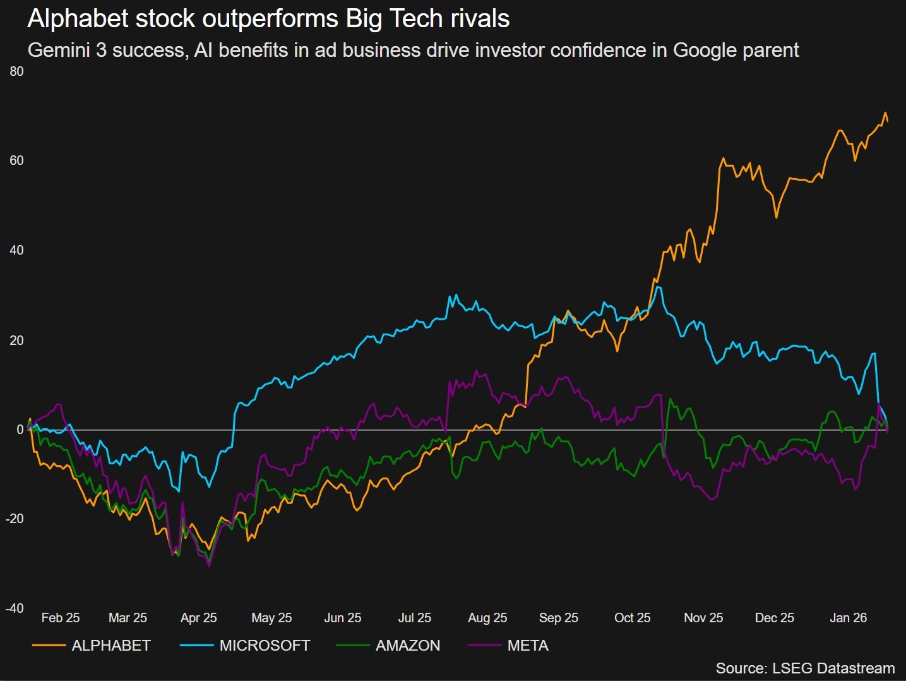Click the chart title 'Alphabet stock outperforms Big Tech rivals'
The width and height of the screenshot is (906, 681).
click(x=268, y=19)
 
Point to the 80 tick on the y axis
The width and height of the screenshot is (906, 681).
click(x=17, y=71)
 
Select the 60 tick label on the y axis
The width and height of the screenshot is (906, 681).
click(x=17, y=160)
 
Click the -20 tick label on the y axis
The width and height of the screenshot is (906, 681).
click(x=15, y=519)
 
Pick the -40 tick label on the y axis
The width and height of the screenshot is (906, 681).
click(x=15, y=608)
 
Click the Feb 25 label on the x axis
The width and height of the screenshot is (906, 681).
click(x=61, y=618)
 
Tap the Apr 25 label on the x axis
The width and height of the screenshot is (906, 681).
click(x=198, y=618)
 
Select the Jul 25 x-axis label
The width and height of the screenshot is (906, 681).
click(x=414, y=618)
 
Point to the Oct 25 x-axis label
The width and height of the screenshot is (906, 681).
click(x=632, y=618)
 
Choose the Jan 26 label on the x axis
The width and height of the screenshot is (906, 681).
click(x=848, y=618)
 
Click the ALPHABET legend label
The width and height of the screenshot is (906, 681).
click(x=111, y=646)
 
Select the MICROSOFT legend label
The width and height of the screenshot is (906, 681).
click(x=265, y=646)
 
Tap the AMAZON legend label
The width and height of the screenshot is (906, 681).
click(x=408, y=646)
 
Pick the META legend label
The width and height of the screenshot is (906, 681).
click(x=528, y=646)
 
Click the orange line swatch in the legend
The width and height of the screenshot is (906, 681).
click(x=49, y=646)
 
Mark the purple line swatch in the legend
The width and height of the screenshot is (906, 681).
click(x=484, y=646)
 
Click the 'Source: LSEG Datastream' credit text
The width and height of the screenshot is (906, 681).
click(x=805, y=668)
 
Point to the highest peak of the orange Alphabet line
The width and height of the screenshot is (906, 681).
click(x=885, y=113)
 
